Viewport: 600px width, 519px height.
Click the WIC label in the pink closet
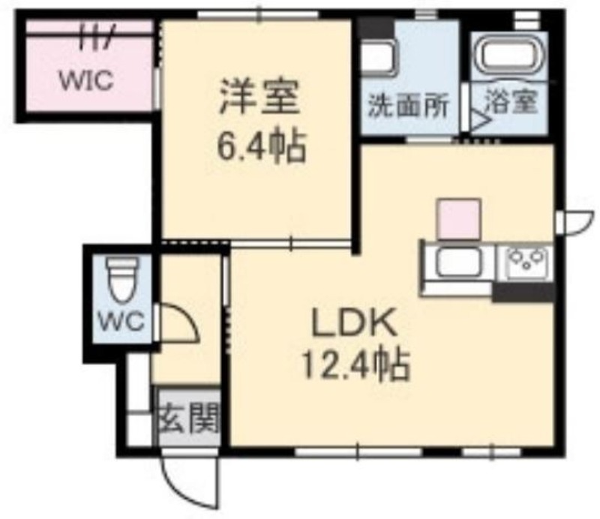pyautogui.click(x=86, y=80)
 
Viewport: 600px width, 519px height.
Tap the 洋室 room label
pyautogui.click(x=259, y=97)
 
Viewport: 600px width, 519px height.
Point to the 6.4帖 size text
pyautogui.click(x=262, y=145)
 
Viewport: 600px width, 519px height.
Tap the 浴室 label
pyautogui.click(x=511, y=101)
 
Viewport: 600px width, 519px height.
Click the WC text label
pyautogui.click(x=121, y=322)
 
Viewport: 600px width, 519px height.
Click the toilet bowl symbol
pyautogui.click(x=123, y=280)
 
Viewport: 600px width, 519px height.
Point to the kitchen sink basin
pyautogui.click(x=459, y=262)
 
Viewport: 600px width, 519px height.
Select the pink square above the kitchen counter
pyautogui.click(x=459, y=218)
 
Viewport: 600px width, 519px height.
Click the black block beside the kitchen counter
pyautogui.click(x=523, y=292)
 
